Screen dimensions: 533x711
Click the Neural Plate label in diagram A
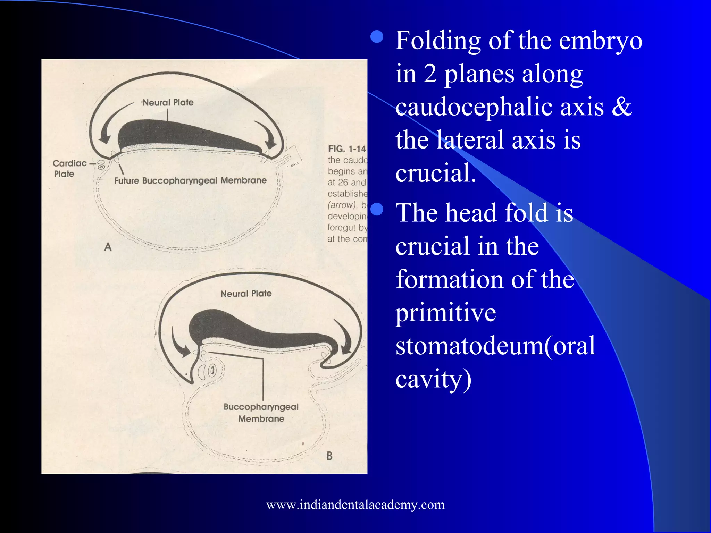pyautogui.click(x=168, y=103)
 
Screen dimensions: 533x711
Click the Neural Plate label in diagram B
pyautogui.click(x=246, y=294)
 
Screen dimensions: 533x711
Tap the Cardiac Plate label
pyautogui.click(x=69, y=168)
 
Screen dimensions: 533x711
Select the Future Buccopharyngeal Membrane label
pyautogui.click(x=190, y=180)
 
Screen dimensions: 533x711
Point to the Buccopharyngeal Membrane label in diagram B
pyautogui.click(x=261, y=413)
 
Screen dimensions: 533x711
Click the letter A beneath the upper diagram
pyautogui.click(x=108, y=247)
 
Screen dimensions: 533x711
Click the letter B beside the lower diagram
pyautogui.click(x=329, y=456)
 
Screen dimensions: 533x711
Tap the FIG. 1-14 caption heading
pyautogui.click(x=347, y=149)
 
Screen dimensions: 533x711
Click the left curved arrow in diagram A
pyautogui.click(x=110, y=125)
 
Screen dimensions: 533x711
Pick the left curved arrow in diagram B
pyautogui.click(x=179, y=344)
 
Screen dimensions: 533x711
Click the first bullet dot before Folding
pyautogui.click(x=377, y=36)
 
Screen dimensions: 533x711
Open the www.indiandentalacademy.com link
pyautogui.click(x=355, y=505)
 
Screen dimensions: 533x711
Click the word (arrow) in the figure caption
pyautogui.click(x=342, y=205)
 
